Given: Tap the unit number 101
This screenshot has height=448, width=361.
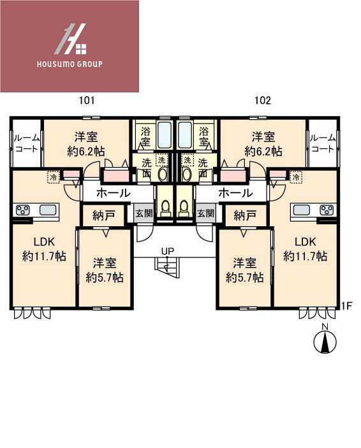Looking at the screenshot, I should point(87,101).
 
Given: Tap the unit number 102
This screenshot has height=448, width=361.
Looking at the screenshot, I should point(262,101).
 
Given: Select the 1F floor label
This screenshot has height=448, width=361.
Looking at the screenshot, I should point(346,306).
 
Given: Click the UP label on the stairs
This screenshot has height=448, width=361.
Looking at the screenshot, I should point(167,251).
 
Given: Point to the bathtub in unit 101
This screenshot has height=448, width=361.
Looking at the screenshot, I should point(163,136).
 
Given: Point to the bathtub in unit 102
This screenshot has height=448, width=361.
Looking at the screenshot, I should point(186,136).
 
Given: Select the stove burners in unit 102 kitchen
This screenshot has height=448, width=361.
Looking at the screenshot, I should point(326,209).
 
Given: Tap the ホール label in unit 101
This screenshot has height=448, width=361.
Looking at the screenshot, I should point(114,192).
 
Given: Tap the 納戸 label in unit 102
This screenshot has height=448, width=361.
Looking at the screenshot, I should point(244,215).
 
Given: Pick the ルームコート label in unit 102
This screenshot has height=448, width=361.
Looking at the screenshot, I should point(322,143).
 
